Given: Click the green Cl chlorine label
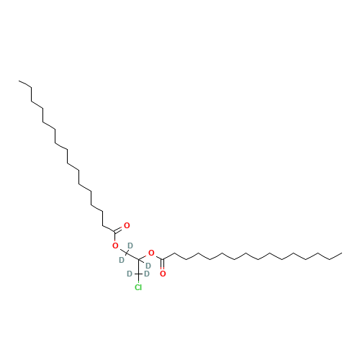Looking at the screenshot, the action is click(x=138, y=287).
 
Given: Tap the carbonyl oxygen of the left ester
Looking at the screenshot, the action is click(x=127, y=225).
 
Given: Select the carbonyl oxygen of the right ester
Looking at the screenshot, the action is click(x=163, y=274).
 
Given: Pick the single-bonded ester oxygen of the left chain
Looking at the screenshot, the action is click(x=115, y=246).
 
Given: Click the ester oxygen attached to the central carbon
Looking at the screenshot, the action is click(x=151, y=253).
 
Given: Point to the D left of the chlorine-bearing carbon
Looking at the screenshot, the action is click(x=130, y=274).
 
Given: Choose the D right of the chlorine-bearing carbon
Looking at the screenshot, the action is click(x=147, y=274).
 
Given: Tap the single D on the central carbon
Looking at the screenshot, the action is click(x=148, y=266).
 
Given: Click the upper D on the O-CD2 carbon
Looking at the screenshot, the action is click(x=130, y=246).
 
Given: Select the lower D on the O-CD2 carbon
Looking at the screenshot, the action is click(x=122, y=260).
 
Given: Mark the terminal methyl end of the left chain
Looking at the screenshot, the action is click(x=19, y=81).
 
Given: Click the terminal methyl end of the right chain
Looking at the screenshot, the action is click(x=342, y=253).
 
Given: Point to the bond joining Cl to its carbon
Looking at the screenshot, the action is click(x=138, y=279).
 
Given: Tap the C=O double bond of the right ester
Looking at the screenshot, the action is click(x=163, y=265).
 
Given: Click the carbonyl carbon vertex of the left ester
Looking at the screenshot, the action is click(x=115, y=232).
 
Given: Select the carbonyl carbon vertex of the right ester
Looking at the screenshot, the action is click(x=163, y=259).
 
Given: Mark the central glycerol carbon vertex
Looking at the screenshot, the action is click(x=138, y=259).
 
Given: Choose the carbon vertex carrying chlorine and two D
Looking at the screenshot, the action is click(x=138, y=274).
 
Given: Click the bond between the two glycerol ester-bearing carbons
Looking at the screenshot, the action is click(x=132, y=256).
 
